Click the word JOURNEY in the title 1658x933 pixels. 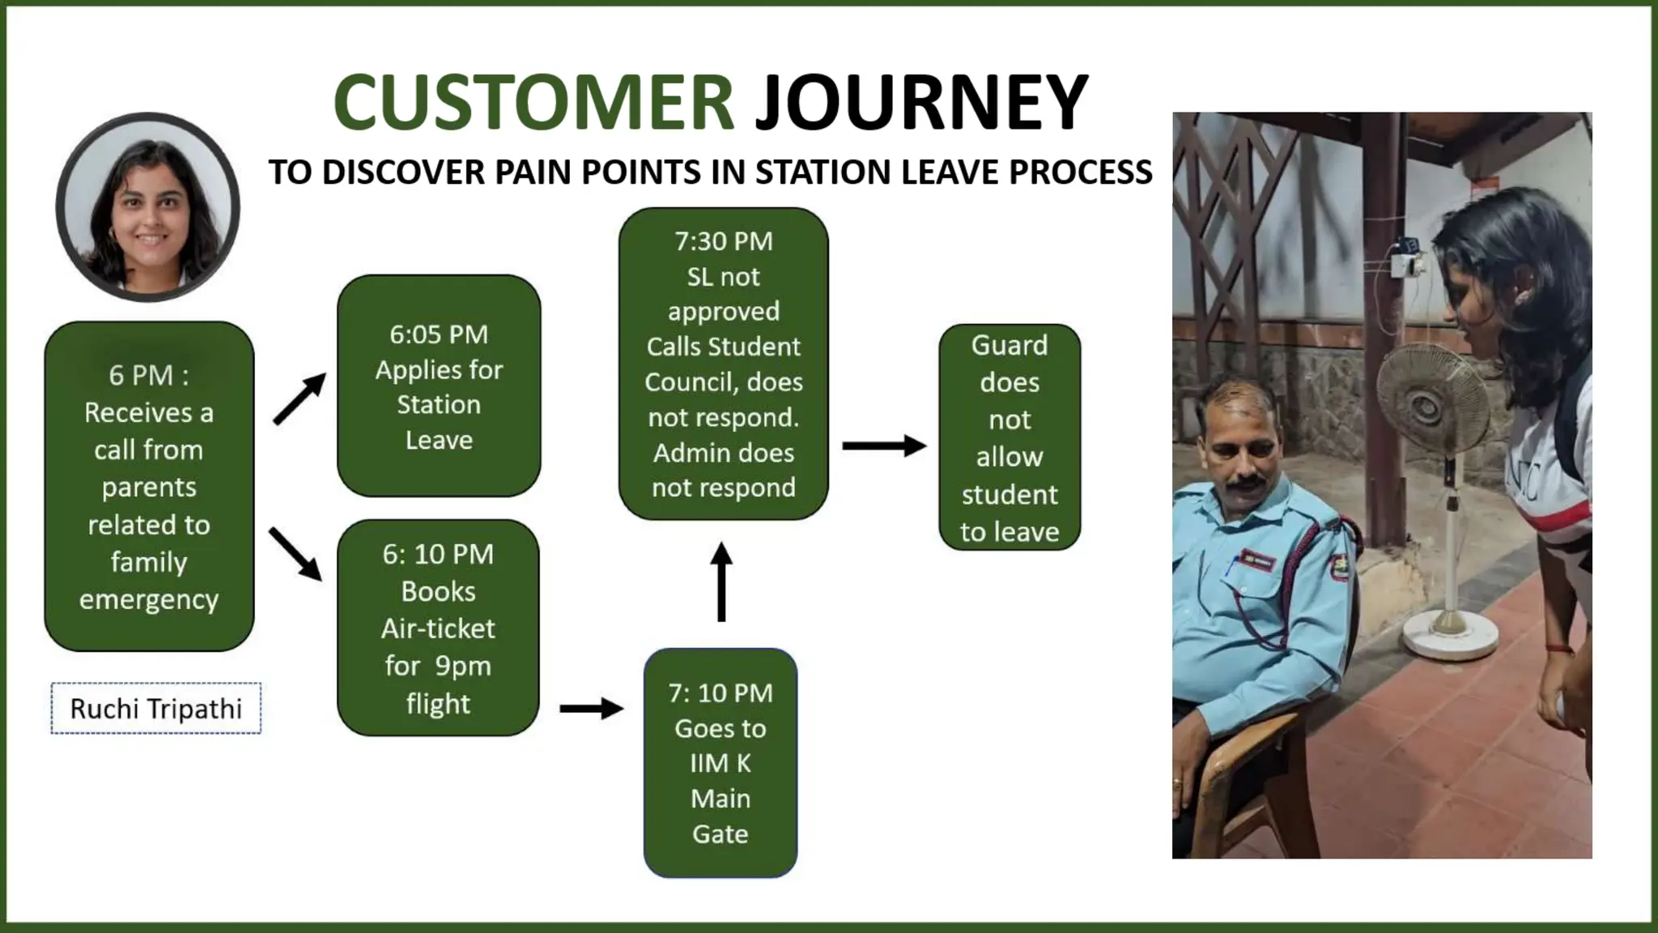(921, 102)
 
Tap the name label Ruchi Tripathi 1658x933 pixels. (155, 709)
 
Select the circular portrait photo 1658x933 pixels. (148, 207)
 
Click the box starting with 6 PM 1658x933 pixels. (149, 486)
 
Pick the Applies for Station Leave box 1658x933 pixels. (439, 386)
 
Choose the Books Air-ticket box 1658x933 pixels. (438, 628)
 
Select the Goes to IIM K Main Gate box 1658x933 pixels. (720, 762)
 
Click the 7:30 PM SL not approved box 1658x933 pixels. (723, 364)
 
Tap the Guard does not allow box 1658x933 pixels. (1009, 437)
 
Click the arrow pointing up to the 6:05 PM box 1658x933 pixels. (300, 398)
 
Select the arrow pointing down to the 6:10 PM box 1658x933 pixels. (295, 554)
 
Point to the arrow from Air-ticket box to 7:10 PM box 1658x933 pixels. (591, 709)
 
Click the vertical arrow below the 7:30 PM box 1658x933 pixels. (721, 582)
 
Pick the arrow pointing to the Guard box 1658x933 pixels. (883, 445)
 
